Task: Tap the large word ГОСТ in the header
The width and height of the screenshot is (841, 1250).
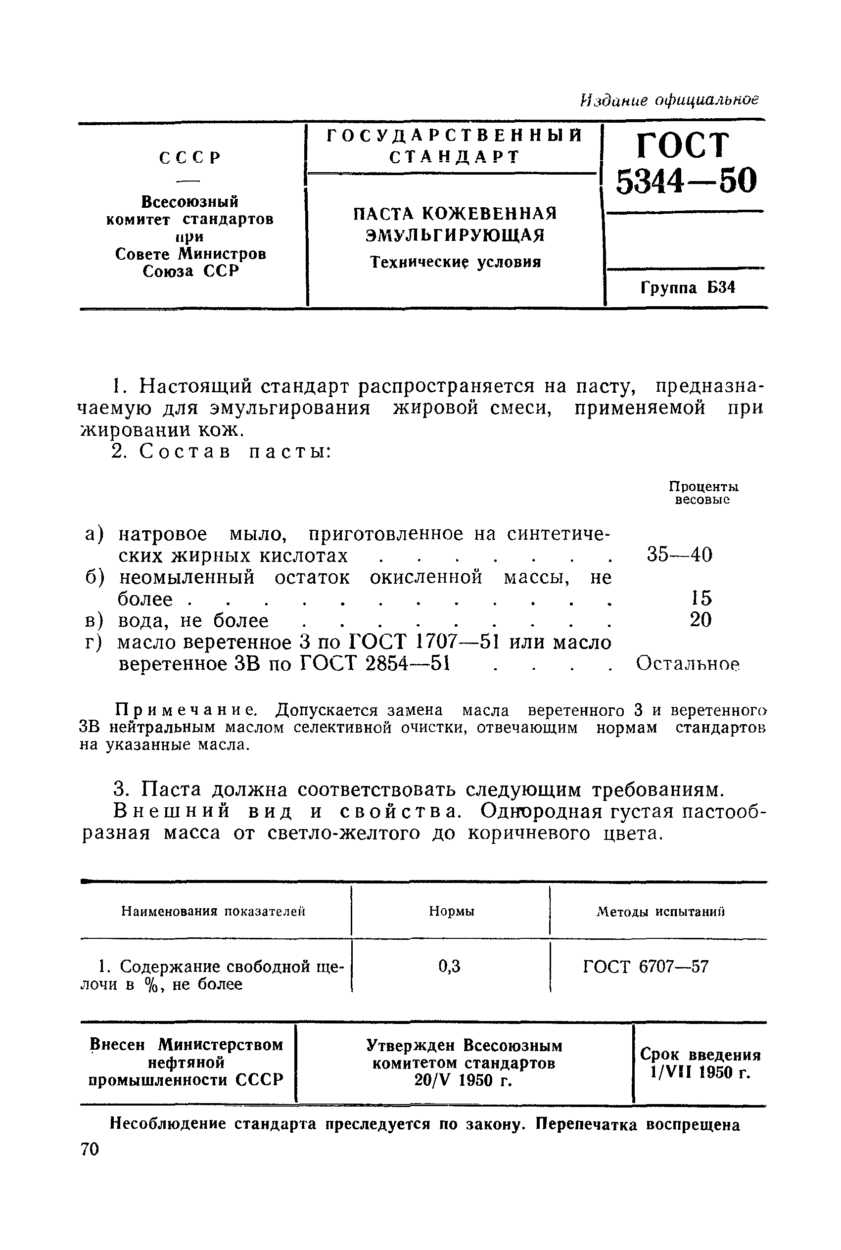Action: [683, 145]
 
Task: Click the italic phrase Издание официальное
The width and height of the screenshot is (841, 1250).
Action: [670, 100]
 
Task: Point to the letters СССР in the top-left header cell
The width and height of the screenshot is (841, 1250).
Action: [190, 158]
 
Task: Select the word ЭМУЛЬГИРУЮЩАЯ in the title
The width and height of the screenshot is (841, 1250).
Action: [455, 235]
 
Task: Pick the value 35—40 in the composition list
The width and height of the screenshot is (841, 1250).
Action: [680, 555]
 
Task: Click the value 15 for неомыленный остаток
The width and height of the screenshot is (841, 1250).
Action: [701, 598]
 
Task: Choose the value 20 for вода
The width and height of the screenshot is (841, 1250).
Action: [701, 620]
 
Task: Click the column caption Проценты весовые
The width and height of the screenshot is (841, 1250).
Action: [703, 493]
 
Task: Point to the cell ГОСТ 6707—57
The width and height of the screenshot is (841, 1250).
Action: [646, 967]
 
